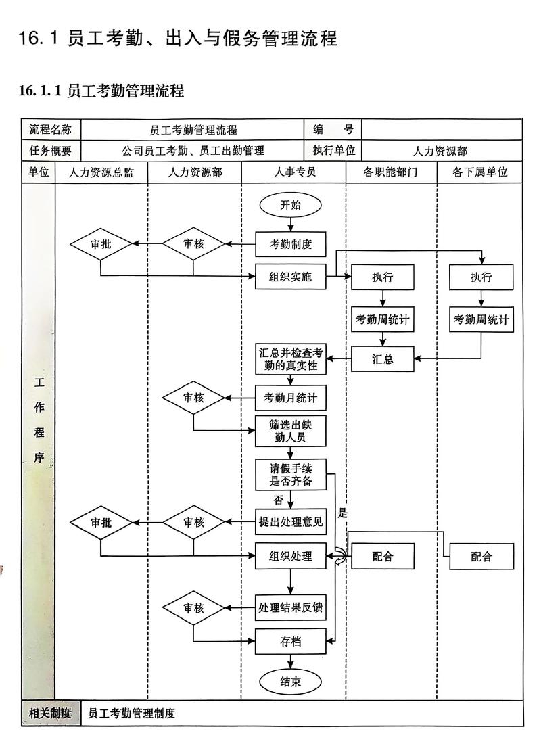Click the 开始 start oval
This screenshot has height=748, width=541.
(291, 205)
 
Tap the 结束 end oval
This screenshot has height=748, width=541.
(291, 681)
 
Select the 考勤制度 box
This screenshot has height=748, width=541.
(291, 244)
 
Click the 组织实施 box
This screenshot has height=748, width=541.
(291, 276)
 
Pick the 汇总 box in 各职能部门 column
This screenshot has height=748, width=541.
(383, 359)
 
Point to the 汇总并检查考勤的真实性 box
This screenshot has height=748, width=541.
(291, 359)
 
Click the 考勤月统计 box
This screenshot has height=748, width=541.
(291, 398)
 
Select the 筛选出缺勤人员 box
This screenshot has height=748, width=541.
(291, 431)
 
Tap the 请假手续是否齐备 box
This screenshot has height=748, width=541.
(291, 475)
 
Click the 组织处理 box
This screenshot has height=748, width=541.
(291, 556)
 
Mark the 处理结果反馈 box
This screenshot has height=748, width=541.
(291, 607)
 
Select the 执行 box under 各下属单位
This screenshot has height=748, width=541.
(481, 277)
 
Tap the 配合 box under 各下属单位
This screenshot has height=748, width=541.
(481, 557)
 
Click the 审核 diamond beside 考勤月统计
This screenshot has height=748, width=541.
(193, 398)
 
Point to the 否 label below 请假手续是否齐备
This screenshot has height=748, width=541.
(279, 500)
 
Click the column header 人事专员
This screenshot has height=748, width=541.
(293, 172)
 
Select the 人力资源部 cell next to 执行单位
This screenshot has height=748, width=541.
(441, 151)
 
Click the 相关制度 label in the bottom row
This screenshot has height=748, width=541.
(51, 713)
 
